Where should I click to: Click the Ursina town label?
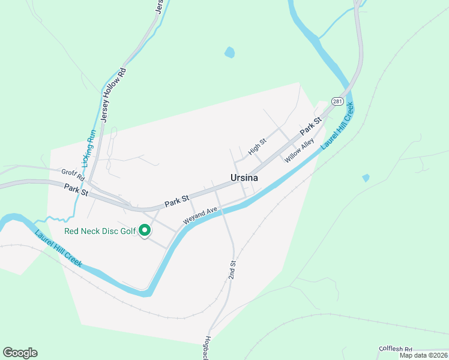pos(244,178)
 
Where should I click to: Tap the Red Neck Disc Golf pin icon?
pos(145,230)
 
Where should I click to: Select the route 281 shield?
pos(338,102)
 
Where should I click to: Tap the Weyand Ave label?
pos(200,215)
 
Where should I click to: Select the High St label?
pos(257,146)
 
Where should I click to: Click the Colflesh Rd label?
pos(396,349)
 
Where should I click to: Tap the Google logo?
pos(20,352)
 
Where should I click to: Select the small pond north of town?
pos(229,53)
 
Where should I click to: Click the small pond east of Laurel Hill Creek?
pos(366,178)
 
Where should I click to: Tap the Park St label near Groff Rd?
pos(76,190)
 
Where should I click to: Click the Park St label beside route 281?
pos(311,125)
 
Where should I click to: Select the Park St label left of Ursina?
pos(177,200)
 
